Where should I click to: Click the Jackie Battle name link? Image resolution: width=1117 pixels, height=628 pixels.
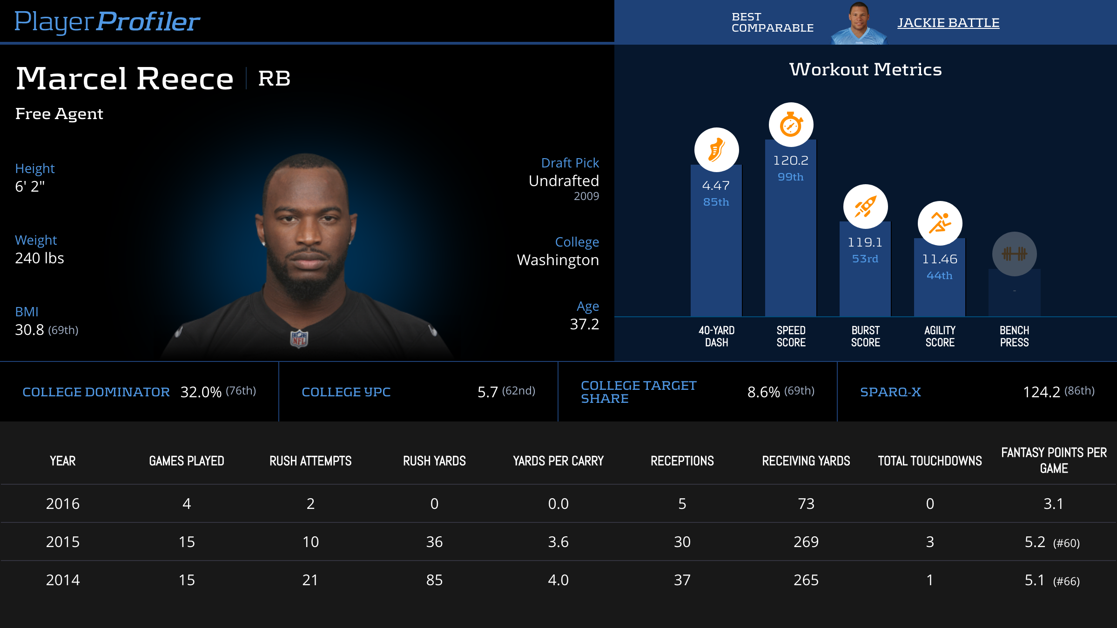(948, 22)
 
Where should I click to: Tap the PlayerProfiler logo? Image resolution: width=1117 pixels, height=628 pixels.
(107, 21)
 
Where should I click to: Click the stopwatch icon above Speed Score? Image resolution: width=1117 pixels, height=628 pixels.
(791, 125)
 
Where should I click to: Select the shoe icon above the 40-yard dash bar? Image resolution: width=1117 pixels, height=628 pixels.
(716, 150)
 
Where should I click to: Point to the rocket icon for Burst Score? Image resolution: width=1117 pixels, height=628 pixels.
(865, 207)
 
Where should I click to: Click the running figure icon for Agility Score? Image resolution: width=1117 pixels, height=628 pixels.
(940, 223)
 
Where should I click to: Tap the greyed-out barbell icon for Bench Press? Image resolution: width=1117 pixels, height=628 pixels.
(1014, 254)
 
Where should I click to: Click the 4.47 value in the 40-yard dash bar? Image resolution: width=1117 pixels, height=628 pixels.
(716, 186)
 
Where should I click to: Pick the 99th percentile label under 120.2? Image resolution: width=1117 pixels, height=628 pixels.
(790, 177)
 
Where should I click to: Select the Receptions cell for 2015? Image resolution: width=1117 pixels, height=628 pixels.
(682, 542)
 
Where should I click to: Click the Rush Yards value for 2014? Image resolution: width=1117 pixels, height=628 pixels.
(434, 580)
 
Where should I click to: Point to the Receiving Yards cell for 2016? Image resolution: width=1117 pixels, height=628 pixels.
(806, 504)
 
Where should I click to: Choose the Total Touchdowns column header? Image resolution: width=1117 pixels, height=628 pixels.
(929, 461)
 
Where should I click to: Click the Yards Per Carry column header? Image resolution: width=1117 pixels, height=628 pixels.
(558, 461)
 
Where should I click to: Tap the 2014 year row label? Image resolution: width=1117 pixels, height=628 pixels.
(63, 580)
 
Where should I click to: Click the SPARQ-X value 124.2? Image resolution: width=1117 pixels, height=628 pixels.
(1041, 392)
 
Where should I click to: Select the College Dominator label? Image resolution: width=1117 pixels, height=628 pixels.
(96, 392)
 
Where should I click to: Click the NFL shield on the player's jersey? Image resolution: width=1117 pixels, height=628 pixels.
(299, 339)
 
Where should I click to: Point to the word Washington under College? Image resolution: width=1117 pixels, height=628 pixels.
(558, 260)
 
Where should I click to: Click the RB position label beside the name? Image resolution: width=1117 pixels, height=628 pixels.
(274, 78)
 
